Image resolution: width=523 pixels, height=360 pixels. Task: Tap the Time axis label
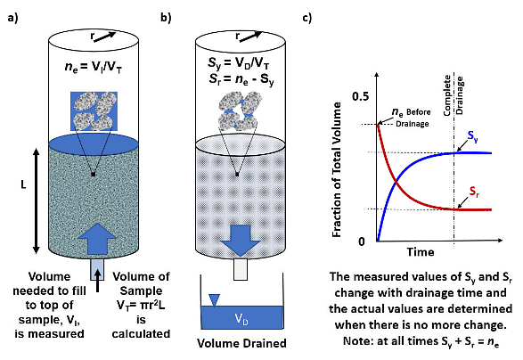(x=418, y=253)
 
